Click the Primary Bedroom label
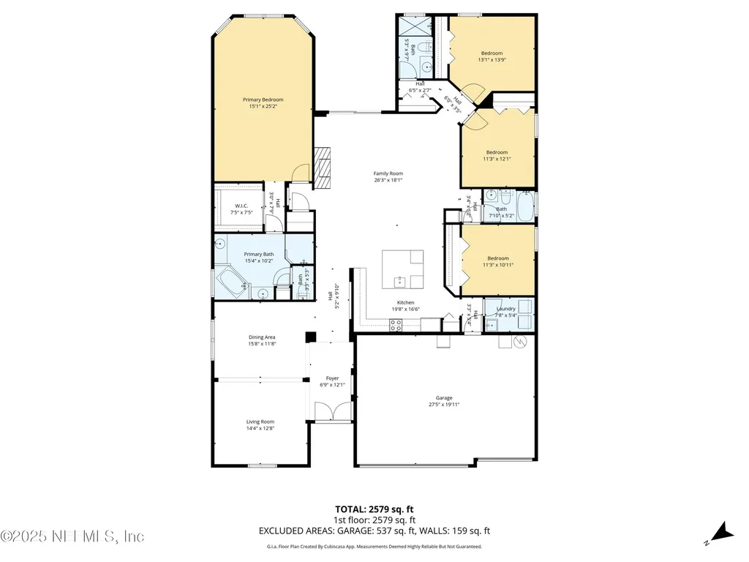coord(263,100)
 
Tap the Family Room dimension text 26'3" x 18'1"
coord(388,180)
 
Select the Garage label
coord(444,398)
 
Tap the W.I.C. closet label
coord(242,206)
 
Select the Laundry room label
coord(505,308)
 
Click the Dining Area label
coord(261,337)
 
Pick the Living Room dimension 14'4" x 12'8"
coord(260,429)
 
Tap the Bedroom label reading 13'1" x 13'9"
coord(492,60)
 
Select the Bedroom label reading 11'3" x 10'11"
coord(497,265)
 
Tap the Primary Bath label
coord(258,254)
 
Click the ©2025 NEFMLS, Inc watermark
coord(72,536)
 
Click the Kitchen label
coord(405,302)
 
